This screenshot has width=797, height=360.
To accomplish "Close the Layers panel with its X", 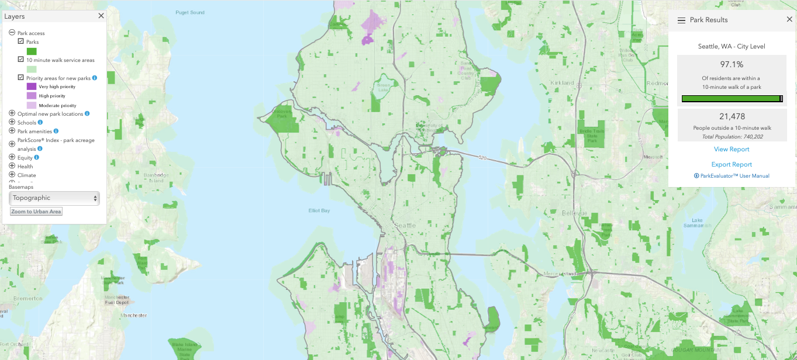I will point(101,16).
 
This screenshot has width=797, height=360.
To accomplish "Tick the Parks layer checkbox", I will point(21,42).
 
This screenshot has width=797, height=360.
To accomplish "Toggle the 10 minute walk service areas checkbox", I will point(21,60).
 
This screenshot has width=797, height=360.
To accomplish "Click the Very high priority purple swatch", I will point(32,86).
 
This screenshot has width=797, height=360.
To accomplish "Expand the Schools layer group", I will point(12,123).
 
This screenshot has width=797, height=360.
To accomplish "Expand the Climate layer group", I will point(12,175).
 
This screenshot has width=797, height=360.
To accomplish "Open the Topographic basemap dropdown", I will point(54,198).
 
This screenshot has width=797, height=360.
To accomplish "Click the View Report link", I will point(732,150).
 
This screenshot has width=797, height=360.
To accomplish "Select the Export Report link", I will point(732,165).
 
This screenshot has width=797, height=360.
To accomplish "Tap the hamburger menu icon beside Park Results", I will point(681,20).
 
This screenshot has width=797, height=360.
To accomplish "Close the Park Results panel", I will point(789,20).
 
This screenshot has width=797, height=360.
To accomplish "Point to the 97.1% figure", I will point(731,64).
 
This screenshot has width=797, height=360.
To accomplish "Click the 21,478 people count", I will point(732,117).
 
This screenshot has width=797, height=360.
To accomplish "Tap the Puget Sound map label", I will point(190,12).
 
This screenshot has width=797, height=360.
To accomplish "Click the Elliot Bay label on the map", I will point(319,210).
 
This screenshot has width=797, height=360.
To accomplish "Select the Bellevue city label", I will point(574,213).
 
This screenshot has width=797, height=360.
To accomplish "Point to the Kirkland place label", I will point(562,83).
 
